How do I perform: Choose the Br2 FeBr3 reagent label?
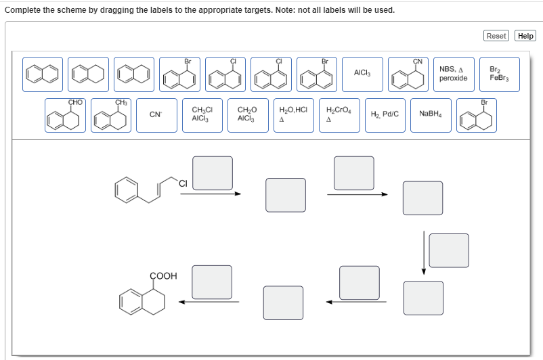(500, 73)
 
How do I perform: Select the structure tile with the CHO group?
(66, 115)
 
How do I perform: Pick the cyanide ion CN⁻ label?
(156, 115)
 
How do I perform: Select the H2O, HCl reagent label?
(293, 115)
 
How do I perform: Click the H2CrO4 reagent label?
(339, 115)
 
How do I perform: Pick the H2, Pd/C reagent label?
(385, 115)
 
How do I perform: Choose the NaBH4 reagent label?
(430, 115)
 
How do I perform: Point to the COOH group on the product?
(162, 276)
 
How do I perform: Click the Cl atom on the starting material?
(183, 182)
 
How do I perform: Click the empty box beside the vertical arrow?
(448, 250)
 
